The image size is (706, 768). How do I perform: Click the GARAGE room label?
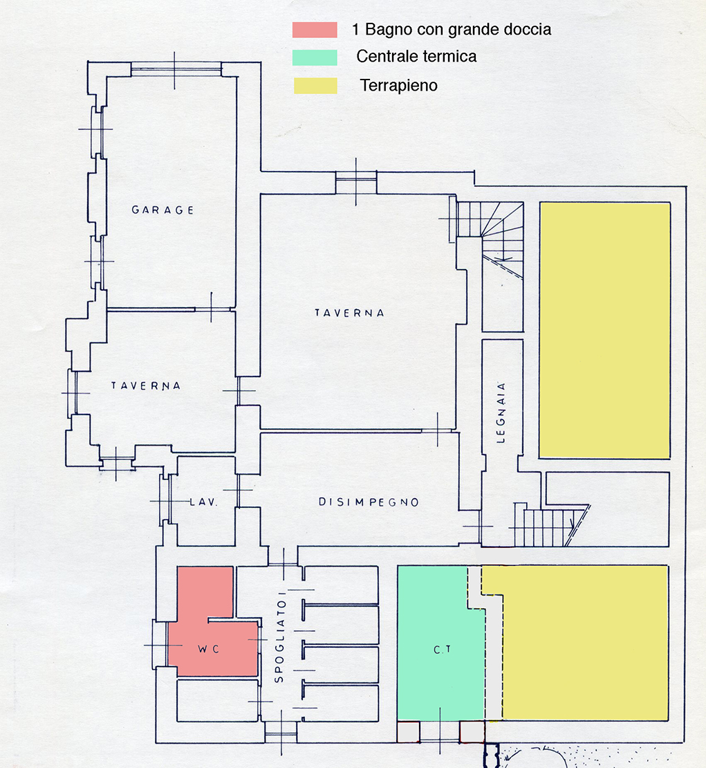(x=162, y=210)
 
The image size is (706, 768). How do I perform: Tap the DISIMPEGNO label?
(x=369, y=502)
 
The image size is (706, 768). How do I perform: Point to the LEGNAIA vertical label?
(x=501, y=413)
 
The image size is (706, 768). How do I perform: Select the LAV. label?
(x=203, y=502)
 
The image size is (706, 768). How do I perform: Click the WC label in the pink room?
(x=209, y=649)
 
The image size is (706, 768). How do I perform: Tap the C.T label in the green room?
(x=442, y=650)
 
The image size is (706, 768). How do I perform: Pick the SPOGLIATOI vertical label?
(x=279, y=637)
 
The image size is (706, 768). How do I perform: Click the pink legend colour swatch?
(x=315, y=30)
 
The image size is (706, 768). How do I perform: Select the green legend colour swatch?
(x=315, y=57)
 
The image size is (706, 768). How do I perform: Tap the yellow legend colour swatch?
(x=316, y=85)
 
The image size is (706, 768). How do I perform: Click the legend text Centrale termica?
(x=416, y=56)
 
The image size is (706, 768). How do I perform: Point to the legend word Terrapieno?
(x=398, y=85)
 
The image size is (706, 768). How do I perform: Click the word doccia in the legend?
(x=528, y=29)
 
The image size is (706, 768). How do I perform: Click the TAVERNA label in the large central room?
(x=349, y=313)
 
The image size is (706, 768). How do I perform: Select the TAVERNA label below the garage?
(x=145, y=386)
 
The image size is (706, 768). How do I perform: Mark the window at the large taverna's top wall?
(x=356, y=182)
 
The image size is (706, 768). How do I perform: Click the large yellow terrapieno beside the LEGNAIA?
(x=604, y=331)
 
